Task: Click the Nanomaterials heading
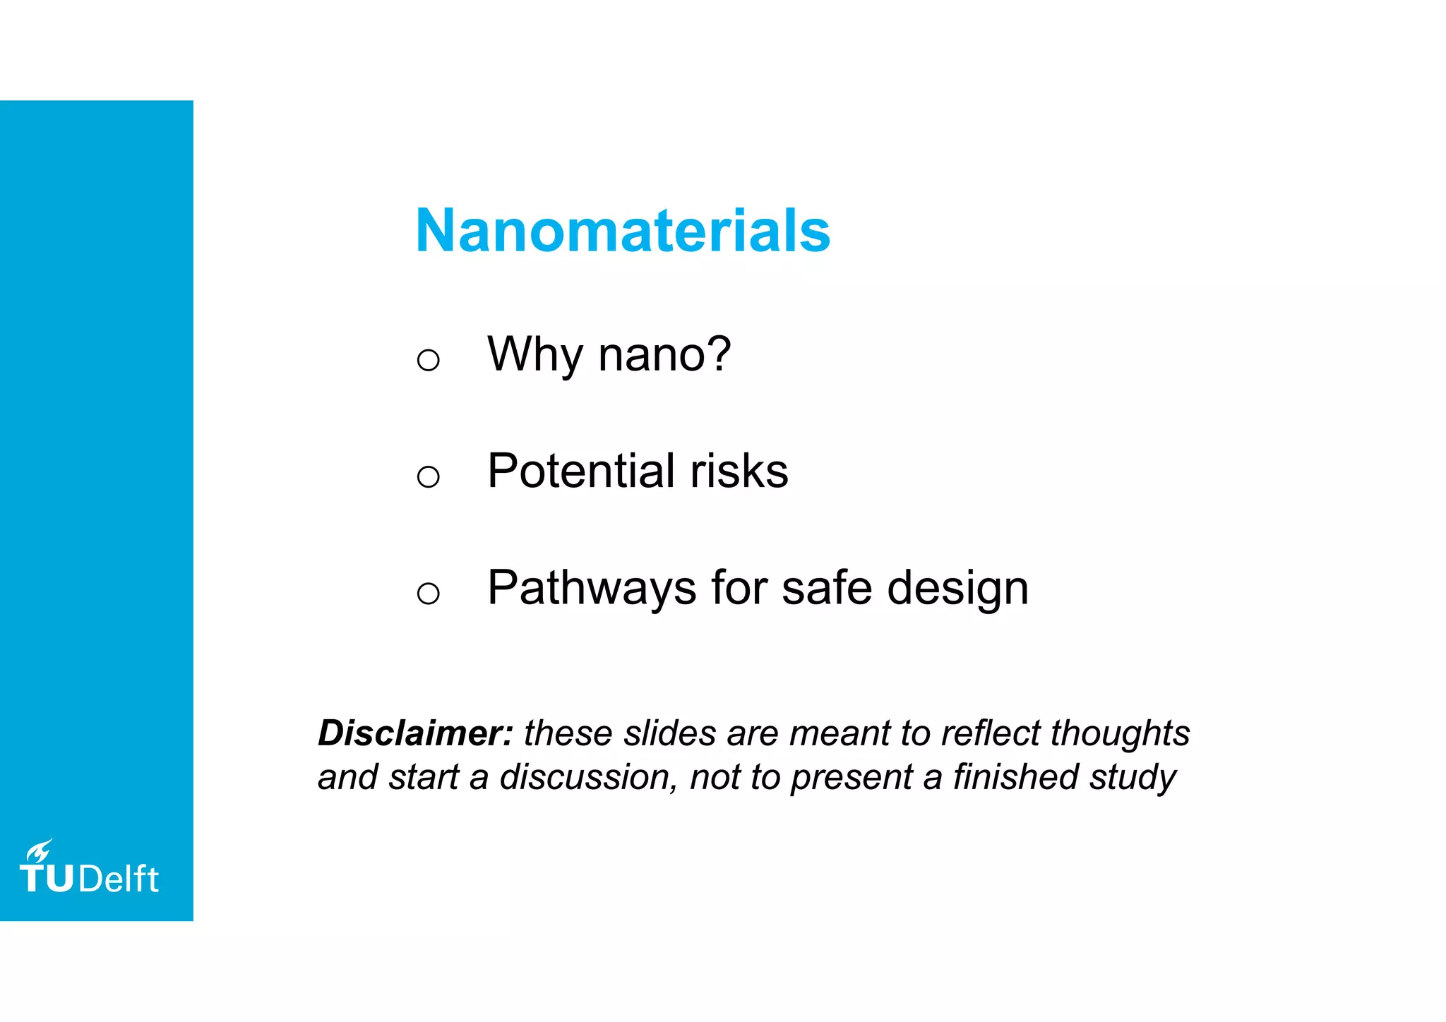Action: (x=623, y=231)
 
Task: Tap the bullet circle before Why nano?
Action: (x=428, y=360)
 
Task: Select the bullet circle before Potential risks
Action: (x=428, y=476)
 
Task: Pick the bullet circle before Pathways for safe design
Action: (x=428, y=593)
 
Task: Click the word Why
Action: (x=534, y=354)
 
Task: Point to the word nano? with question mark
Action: (x=664, y=354)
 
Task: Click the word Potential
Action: (x=582, y=471)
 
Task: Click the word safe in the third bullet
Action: (x=827, y=588)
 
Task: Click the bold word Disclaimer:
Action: (x=415, y=733)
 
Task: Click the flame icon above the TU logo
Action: (x=40, y=850)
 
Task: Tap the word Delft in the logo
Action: (x=119, y=879)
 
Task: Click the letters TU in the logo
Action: (x=47, y=879)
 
